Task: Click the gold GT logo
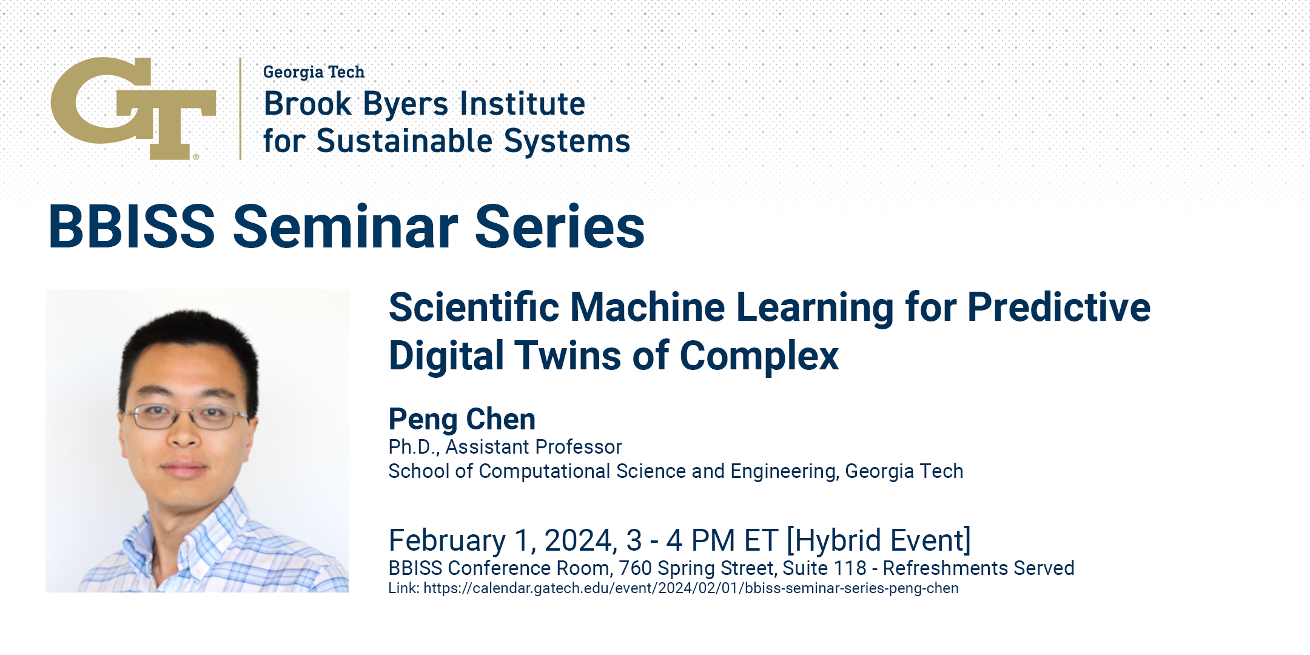133,108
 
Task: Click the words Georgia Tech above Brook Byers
314,72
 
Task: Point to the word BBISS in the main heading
132,226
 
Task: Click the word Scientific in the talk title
474,307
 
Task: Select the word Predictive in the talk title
1059,307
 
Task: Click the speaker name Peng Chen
462,420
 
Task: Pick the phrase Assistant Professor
534,447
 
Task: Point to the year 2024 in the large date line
580,540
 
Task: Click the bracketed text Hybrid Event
879,540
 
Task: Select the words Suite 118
824,568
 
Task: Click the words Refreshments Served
978,568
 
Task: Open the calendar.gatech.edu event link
691,588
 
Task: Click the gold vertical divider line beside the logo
241,109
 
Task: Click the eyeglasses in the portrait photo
184,417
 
